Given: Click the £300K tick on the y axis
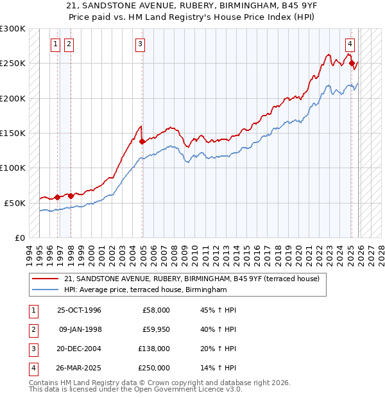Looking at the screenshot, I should point(13,29).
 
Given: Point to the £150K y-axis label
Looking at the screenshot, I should point(13,133).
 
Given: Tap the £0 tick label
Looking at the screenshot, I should point(19,238).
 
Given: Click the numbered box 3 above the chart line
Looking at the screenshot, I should point(140,44).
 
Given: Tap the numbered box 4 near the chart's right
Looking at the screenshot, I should point(350,44).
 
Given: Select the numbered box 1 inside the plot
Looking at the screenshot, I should point(56,44).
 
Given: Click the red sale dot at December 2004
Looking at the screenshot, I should point(142,141).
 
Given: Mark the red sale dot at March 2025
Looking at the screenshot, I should point(352,63).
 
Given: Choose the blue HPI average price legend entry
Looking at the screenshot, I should point(146,290).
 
